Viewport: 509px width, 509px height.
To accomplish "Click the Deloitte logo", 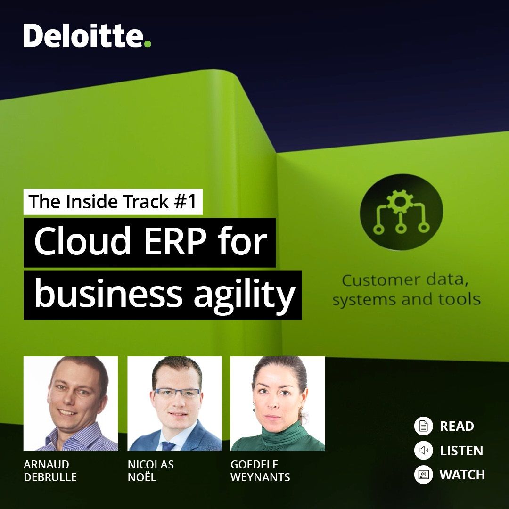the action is tap(87, 35).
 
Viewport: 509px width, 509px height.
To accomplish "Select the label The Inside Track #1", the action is tap(113, 202).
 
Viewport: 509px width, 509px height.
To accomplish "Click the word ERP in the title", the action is tap(175, 241).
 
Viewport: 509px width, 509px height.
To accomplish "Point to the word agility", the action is tap(245, 295).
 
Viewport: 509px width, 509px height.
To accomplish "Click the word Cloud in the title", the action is tap(82, 241).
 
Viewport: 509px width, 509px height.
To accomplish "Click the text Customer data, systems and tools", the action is tap(406, 290).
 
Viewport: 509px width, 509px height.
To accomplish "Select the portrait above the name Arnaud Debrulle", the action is tap(70, 403).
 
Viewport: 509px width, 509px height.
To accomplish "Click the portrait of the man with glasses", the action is tap(174, 403).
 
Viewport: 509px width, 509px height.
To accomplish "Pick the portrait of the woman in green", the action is tap(277, 403).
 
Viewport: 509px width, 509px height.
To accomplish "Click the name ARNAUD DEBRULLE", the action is tap(50, 471).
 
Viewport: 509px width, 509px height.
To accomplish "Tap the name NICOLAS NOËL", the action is tap(151, 471).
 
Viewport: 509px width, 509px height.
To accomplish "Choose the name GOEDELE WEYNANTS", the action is tap(260, 471).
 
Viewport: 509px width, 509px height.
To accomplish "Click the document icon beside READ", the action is tap(423, 426).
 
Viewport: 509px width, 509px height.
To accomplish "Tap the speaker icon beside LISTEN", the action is tap(423, 450).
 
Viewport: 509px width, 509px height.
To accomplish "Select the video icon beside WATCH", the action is tap(423, 475).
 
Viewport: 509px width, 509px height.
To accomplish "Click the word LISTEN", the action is tap(461, 451).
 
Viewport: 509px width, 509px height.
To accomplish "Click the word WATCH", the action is tap(462, 475).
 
